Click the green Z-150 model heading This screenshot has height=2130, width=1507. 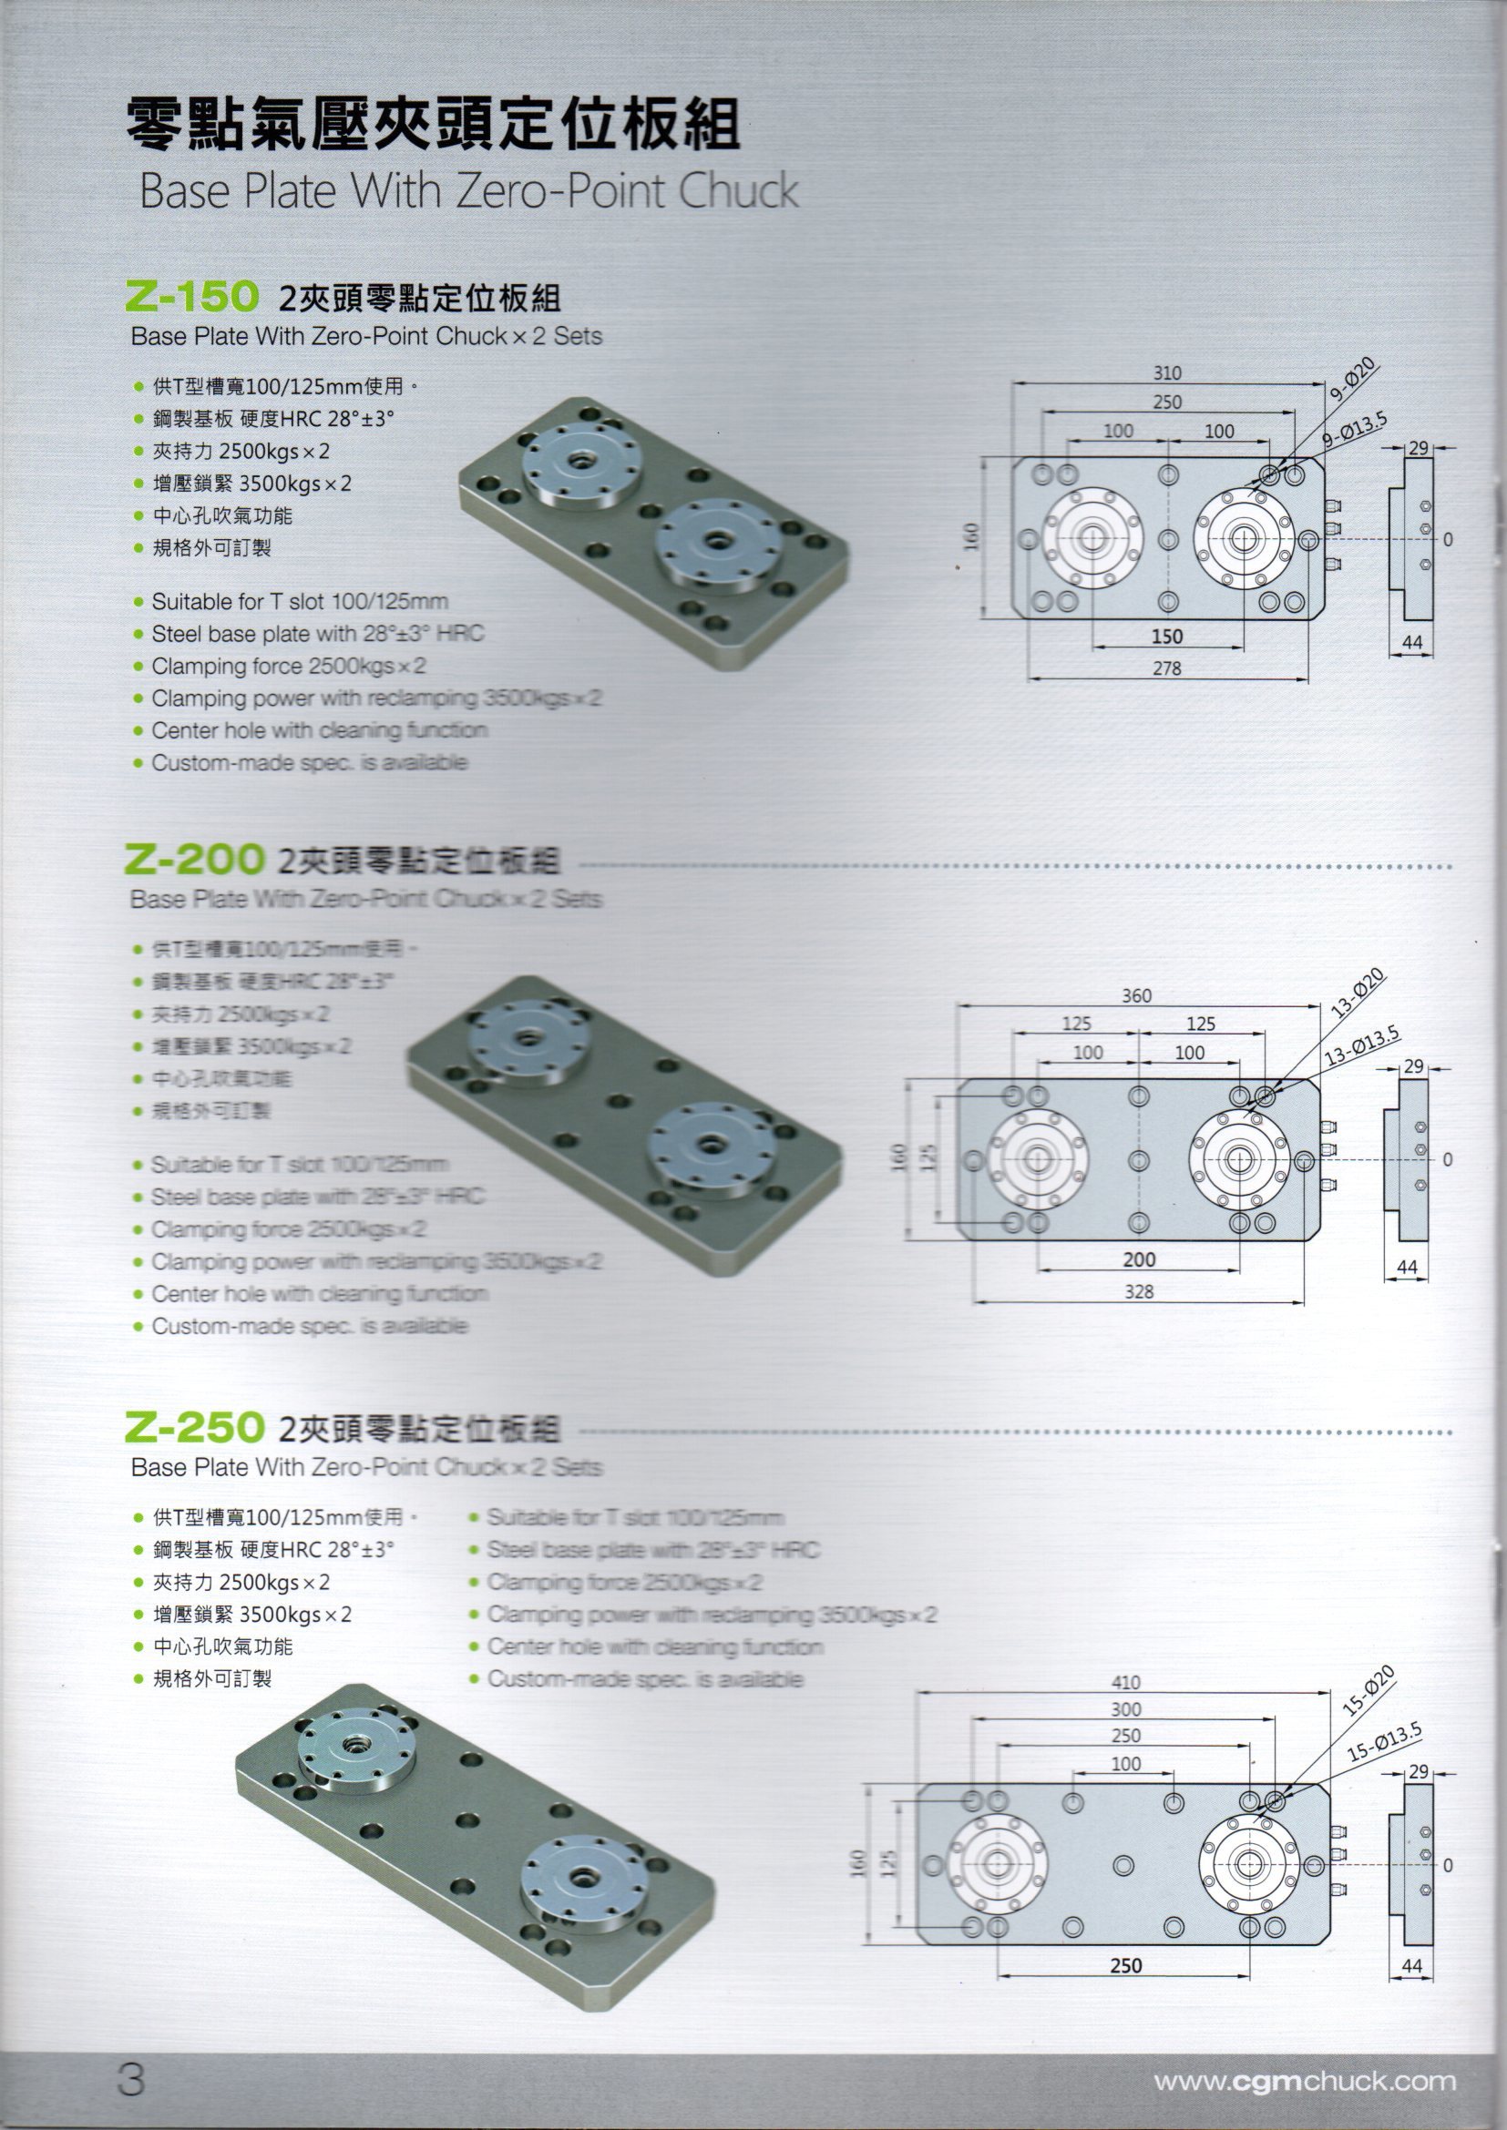pos(190,296)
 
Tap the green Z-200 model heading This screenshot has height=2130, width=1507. pos(193,860)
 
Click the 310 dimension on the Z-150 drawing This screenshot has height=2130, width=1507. pos(1166,373)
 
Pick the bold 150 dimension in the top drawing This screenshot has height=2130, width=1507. pos(1166,637)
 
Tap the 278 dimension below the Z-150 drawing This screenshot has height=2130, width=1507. pos(1166,668)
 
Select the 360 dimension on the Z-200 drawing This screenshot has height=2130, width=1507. pos(1136,995)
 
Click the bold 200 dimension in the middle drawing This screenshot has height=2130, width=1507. pos(1139,1259)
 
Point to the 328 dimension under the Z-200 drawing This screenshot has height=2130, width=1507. pos(1139,1291)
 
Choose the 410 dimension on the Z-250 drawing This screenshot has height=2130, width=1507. pos(1124,1682)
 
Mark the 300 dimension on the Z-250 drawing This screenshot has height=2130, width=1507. pos(1124,1708)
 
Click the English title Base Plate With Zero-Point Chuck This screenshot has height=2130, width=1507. pos(468,191)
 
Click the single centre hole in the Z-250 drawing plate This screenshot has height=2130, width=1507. pos(1123,1865)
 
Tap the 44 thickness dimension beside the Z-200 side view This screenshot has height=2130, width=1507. pos(1407,1268)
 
